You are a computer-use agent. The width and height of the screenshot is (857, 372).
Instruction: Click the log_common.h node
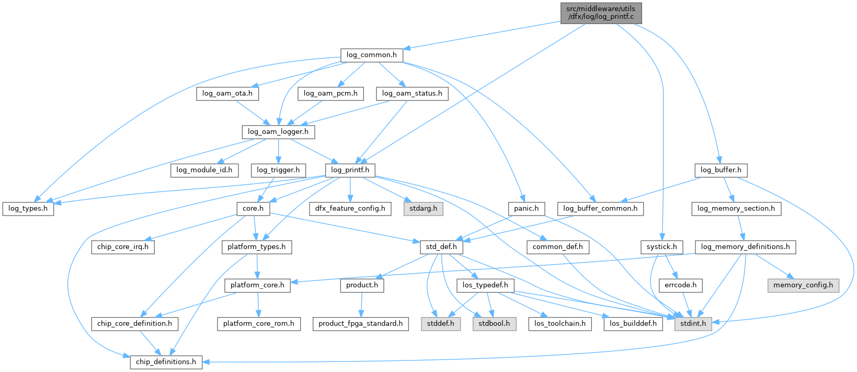pos(371,55)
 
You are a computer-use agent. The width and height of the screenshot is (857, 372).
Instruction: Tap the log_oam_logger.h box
pos(278,132)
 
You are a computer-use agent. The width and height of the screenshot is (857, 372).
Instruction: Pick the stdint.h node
pos(693,324)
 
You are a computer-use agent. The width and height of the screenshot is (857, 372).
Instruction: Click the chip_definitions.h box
pos(166,362)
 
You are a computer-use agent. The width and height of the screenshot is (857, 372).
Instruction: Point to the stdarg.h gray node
pos(423,208)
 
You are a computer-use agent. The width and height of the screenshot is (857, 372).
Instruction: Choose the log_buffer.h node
pos(721,170)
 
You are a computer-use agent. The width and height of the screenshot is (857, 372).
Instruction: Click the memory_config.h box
pos(803,285)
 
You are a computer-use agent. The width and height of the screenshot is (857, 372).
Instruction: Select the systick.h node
pos(661,247)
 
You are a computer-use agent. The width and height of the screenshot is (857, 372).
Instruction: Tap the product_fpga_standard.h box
pos(361,324)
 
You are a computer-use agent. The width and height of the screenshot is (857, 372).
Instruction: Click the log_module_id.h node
pos(204,170)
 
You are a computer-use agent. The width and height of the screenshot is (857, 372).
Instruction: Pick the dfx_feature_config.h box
pos(350,208)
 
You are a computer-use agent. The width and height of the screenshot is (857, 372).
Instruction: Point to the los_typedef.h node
pos(485,285)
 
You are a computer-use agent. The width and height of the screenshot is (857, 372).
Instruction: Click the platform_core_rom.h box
pos(258,324)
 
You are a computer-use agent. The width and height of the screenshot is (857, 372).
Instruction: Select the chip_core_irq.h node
pos(122,247)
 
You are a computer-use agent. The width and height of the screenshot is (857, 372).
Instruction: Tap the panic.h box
pos(526,208)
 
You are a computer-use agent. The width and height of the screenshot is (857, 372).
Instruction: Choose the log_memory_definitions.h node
pos(745,247)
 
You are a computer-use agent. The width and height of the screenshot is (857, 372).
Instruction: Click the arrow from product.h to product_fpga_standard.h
pos(361,305)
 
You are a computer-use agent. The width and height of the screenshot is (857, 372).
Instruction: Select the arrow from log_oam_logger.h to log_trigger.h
pos(278,151)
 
